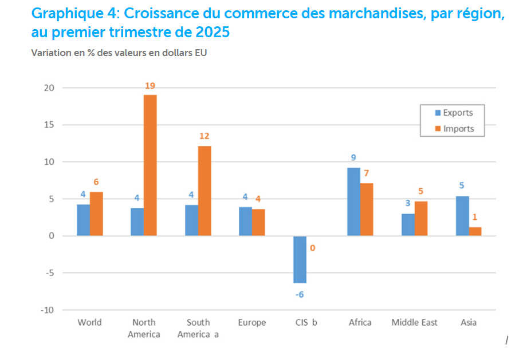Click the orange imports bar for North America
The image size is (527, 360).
click(x=150, y=165)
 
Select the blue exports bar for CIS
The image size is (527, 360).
click(x=300, y=259)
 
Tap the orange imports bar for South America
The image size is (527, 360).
click(x=204, y=191)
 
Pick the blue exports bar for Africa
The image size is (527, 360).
click(x=353, y=201)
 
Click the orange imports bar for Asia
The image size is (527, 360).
click(x=475, y=231)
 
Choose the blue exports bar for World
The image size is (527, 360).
click(x=83, y=220)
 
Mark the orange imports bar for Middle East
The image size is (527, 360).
click(x=421, y=218)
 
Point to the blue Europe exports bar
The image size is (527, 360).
click(x=245, y=221)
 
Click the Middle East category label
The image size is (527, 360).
click(x=414, y=323)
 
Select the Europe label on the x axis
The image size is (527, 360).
click(x=251, y=323)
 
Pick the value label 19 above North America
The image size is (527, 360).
click(x=150, y=86)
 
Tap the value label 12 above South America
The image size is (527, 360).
click(x=204, y=136)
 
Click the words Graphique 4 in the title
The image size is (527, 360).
click(x=70, y=13)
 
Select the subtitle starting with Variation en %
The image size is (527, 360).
click(x=119, y=53)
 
